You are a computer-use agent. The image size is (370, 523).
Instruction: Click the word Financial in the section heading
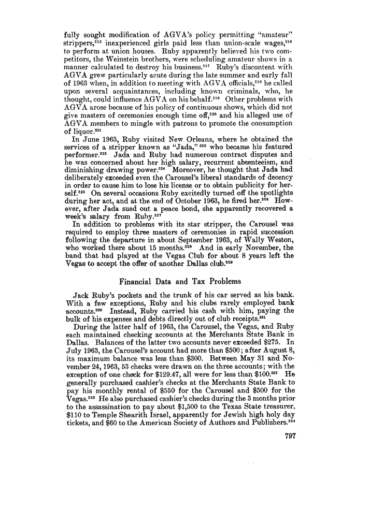(137, 282)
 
